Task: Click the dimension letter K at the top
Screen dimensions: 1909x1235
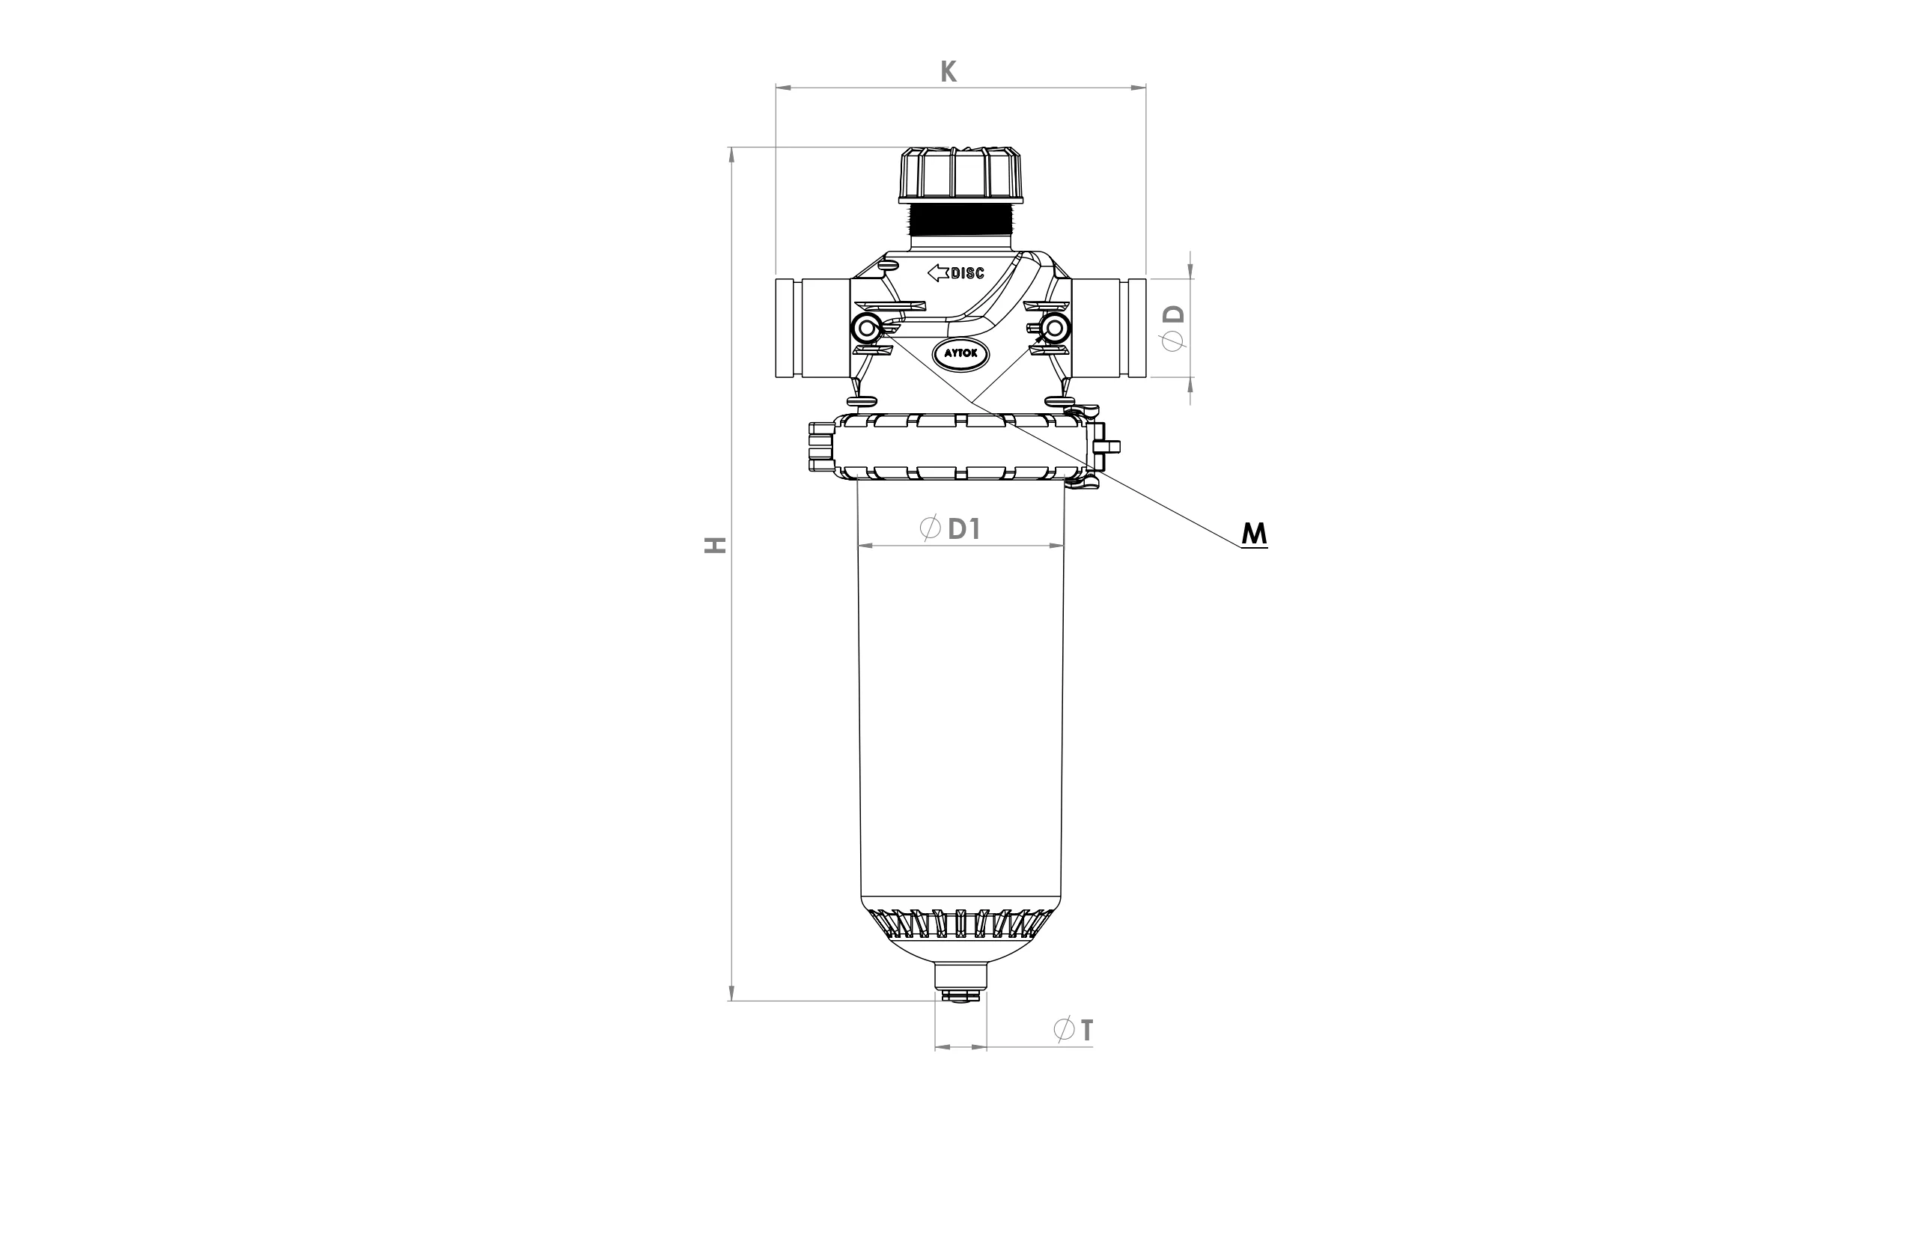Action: tap(948, 71)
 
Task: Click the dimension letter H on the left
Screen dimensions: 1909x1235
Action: tap(715, 546)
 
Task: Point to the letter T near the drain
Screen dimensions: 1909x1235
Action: tap(1086, 1030)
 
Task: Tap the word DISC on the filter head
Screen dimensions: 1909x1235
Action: tap(967, 273)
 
